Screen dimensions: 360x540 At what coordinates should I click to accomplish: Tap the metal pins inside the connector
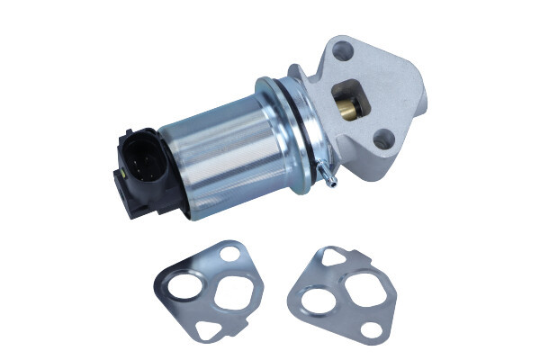[x=144, y=157]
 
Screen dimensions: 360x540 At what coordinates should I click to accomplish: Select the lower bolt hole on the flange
[x=384, y=139]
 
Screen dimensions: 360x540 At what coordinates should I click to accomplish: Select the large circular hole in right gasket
[x=323, y=298]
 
